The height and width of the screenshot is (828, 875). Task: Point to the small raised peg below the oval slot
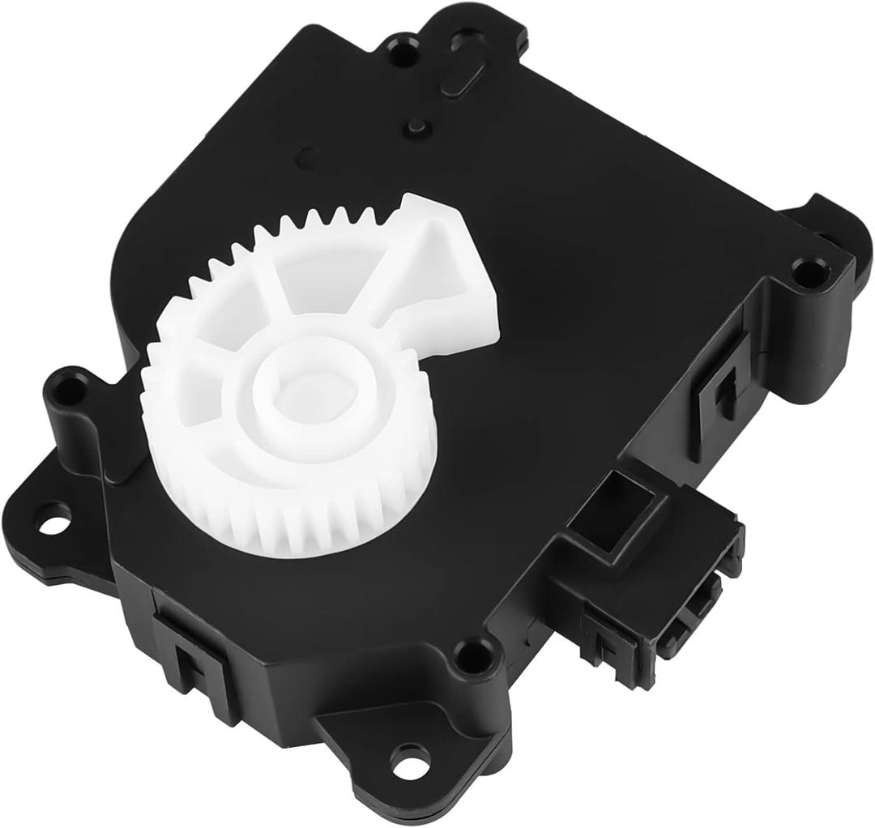click(417, 126)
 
